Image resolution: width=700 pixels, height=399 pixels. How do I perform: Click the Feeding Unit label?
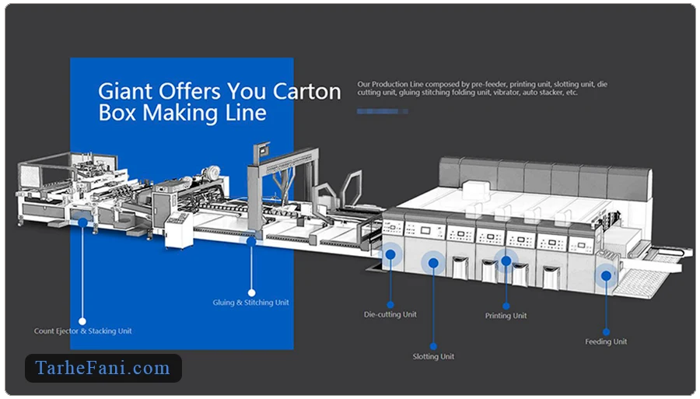tap(606, 341)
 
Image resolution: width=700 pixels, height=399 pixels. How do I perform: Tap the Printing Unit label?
tap(506, 316)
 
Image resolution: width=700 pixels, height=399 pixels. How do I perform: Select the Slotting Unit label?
tap(433, 356)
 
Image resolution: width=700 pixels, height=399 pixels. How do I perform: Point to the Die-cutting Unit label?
tap(390, 314)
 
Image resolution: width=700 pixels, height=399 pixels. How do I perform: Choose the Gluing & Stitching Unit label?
tap(251, 302)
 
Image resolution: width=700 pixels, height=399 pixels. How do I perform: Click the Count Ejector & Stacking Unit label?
tap(82, 331)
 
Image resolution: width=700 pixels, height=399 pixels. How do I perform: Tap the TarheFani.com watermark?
tap(103, 368)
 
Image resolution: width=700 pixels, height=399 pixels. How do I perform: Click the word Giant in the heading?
tap(125, 91)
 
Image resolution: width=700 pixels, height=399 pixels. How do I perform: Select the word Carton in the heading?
tap(306, 91)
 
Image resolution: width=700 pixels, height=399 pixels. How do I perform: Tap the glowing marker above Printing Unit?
tap(506, 261)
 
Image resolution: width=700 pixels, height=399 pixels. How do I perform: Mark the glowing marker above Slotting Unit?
tap(433, 264)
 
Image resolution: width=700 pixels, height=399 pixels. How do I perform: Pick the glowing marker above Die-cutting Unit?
tap(390, 252)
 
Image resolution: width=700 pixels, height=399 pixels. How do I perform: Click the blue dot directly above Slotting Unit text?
tap(433, 346)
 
